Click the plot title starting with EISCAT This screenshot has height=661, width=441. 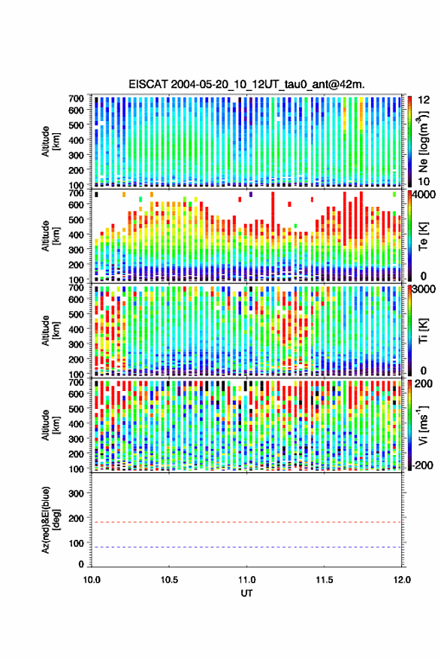tap(246, 84)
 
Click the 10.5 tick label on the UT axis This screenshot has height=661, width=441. tap(169, 580)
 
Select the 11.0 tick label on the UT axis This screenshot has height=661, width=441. tap(246, 580)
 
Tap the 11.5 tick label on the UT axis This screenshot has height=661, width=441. tap(325, 580)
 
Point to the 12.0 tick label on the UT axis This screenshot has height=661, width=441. tap(402, 580)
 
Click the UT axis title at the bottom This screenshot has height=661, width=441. tap(247, 593)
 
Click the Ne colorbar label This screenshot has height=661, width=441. tap(423, 141)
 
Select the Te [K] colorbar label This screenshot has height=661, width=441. tap(423, 236)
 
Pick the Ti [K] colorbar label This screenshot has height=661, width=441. tap(423, 331)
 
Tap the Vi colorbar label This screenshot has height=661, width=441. tap(423, 425)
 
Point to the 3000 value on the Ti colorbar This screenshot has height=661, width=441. tap(424, 289)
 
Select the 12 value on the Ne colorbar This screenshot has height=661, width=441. tap(424, 100)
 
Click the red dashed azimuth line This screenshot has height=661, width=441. tap(247, 522)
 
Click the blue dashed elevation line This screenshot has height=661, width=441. tap(247, 547)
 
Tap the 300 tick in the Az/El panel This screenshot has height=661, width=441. tap(76, 493)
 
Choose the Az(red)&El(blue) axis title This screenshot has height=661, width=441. tap(50, 520)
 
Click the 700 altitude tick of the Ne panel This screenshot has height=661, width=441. tap(76, 99)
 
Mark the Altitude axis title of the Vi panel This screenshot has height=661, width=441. tap(50, 425)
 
